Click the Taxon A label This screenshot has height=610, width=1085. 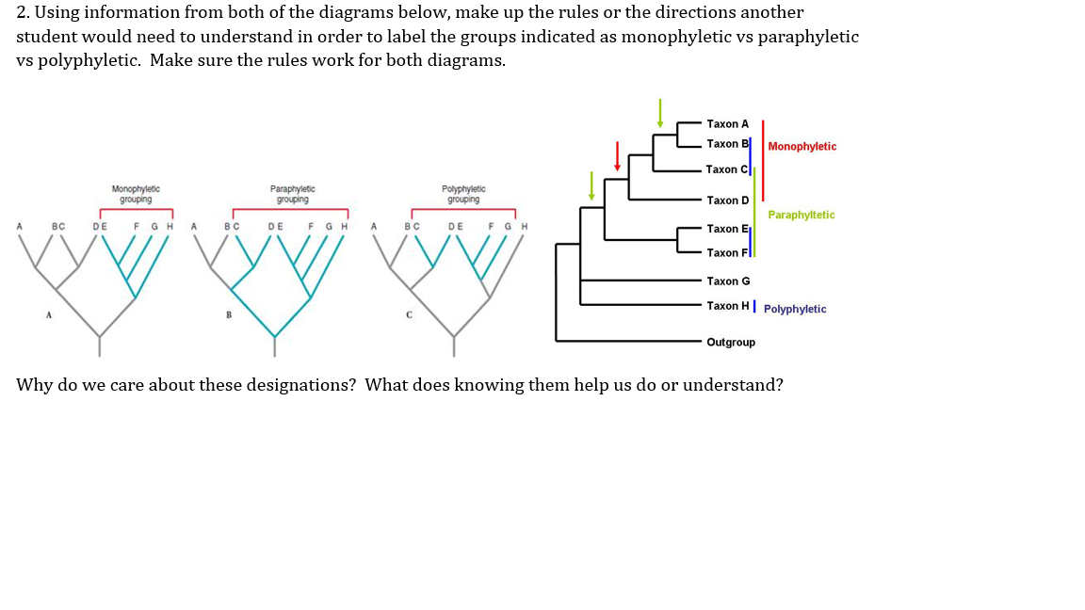pyautogui.click(x=727, y=124)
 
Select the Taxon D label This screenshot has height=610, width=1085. pyautogui.click(x=727, y=201)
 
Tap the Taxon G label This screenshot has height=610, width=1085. pyautogui.click(x=728, y=281)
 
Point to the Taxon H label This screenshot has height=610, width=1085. pyautogui.click(x=728, y=306)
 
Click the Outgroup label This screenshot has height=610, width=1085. pyautogui.click(x=731, y=342)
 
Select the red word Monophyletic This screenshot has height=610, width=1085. pyautogui.click(x=802, y=147)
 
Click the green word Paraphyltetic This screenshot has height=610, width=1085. pyautogui.click(x=801, y=216)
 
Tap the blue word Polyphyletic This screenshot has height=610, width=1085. pyautogui.click(x=795, y=310)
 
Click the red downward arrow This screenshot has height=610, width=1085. pyautogui.click(x=617, y=156)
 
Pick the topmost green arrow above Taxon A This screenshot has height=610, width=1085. pyautogui.click(x=660, y=112)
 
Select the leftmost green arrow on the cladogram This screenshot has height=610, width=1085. pyautogui.click(x=591, y=185)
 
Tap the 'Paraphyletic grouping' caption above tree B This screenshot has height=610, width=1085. pyautogui.click(x=292, y=194)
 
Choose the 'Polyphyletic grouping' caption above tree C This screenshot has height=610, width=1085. pyautogui.click(x=463, y=194)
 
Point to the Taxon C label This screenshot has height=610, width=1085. pyautogui.click(x=727, y=169)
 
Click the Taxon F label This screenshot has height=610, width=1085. pyautogui.click(x=726, y=253)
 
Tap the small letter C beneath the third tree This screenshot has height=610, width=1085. pyautogui.click(x=409, y=314)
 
